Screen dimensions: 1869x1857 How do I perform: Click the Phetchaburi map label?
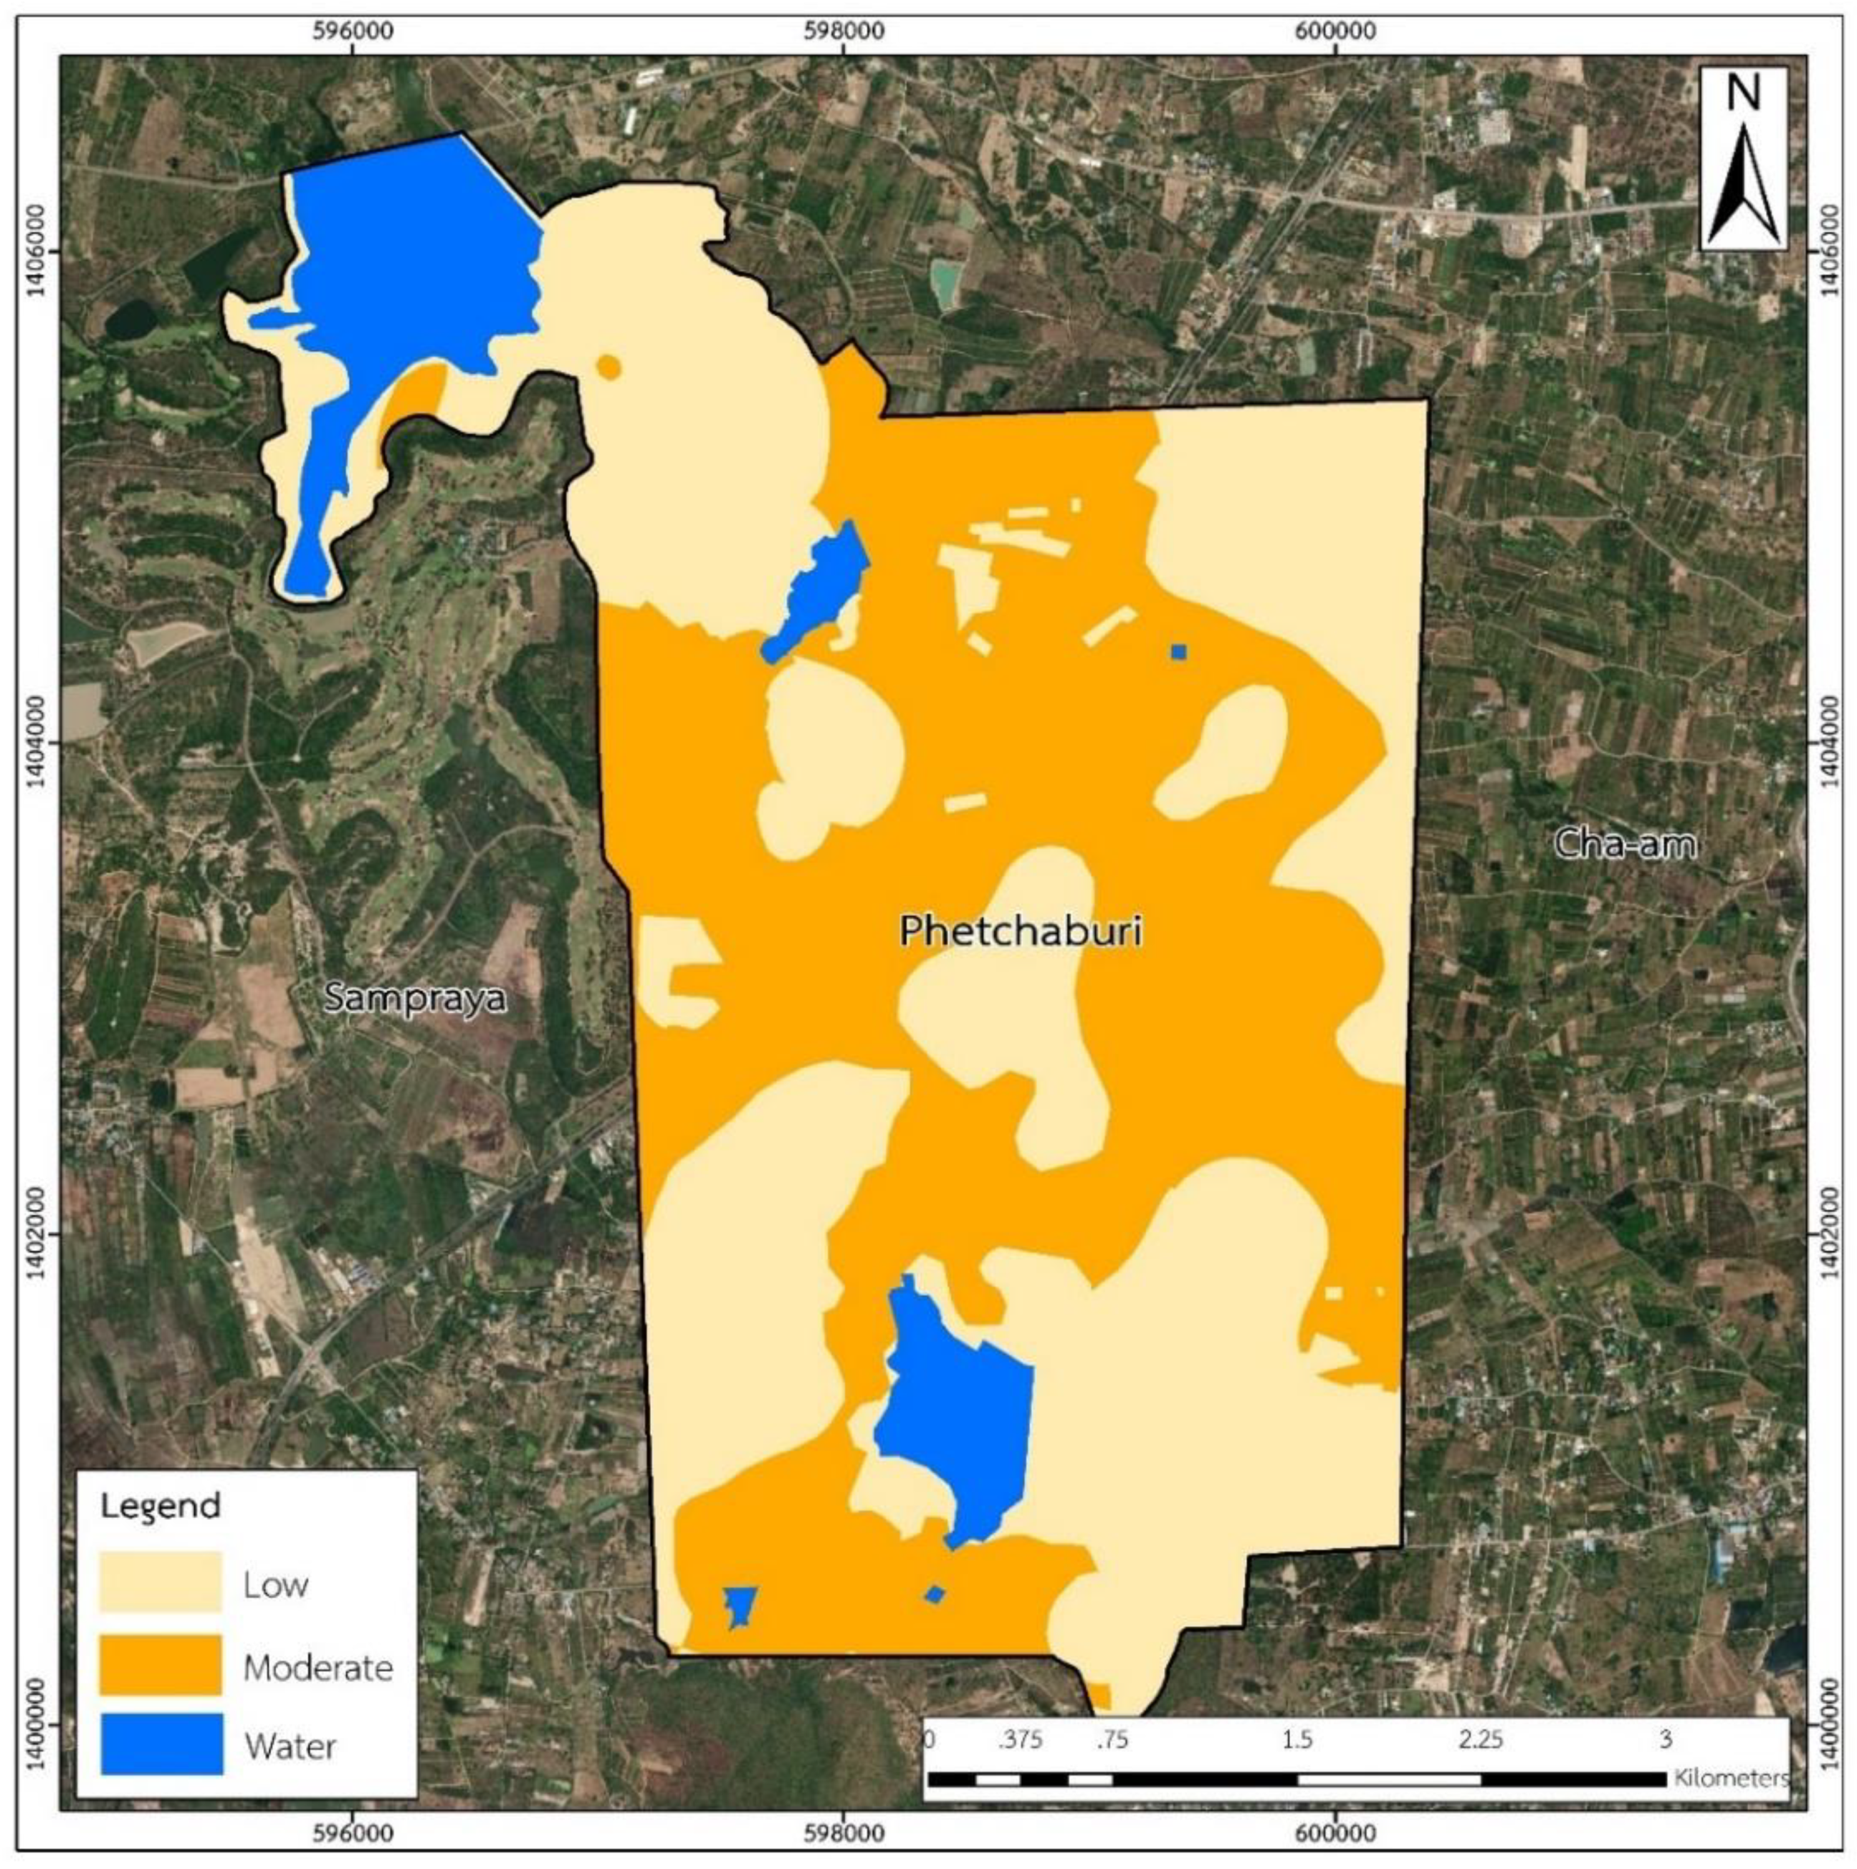(1021, 931)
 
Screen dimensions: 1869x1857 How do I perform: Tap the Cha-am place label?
(1625, 844)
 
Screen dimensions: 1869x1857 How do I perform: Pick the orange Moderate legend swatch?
(161, 1665)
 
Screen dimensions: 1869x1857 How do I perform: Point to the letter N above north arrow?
(1744, 94)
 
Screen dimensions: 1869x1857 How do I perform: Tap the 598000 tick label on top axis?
(843, 30)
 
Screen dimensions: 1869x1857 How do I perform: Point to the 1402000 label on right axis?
(1824, 1234)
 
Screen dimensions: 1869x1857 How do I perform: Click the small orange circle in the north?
(608, 367)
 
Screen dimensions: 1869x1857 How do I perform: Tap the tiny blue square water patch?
(1178, 651)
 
